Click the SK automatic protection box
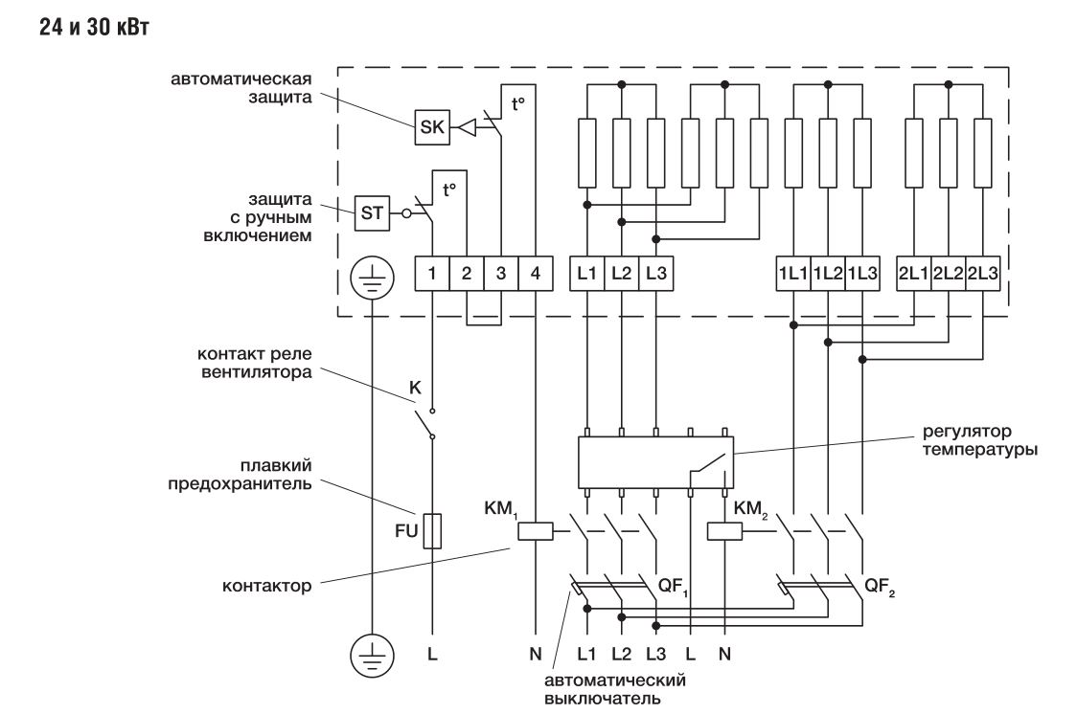[x=431, y=128]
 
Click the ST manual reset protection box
[x=372, y=212]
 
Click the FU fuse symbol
[x=432, y=530]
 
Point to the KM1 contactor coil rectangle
[x=534, y=532]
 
